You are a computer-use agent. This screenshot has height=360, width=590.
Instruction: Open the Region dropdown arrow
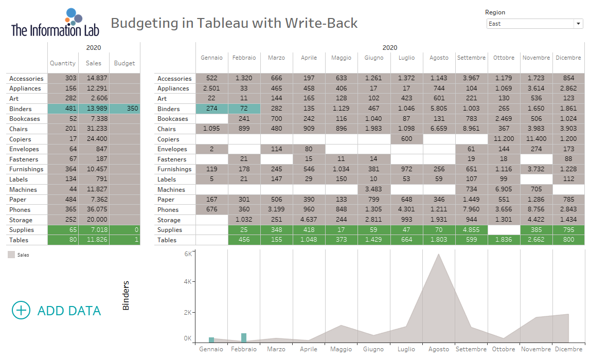tap(578, 24)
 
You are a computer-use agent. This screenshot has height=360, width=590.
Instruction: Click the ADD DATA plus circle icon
tap(21, 310)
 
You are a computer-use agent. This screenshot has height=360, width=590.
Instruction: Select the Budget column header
tap(124, 63)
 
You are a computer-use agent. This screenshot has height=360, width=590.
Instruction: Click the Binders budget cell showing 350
tap(124, 109)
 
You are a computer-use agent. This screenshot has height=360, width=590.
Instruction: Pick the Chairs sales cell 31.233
tap(94, 129)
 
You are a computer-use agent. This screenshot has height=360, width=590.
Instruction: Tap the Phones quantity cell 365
tap(63, 209)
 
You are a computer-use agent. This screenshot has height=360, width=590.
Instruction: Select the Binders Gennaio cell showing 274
tap(211, 109)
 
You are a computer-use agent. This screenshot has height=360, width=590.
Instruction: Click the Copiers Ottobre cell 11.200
tap(504, 139)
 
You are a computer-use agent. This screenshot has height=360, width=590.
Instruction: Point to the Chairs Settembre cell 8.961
tap(471, 129)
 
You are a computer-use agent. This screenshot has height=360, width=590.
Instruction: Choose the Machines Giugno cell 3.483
tap(374, 189)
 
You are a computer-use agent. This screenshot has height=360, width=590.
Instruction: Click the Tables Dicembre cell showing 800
tap(568, 240)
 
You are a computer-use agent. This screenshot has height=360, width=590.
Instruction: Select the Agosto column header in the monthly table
tap(439, 58)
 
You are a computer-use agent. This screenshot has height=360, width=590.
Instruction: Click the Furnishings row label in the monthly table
tap(174, 169)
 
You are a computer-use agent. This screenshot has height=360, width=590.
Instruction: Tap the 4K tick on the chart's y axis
tap(188, 282)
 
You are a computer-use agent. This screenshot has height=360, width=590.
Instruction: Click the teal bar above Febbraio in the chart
tap(244, 337)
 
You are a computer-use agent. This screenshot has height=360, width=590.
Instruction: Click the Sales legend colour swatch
tap(11, 254)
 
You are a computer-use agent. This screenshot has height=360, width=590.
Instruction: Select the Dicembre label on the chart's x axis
tap(568, 349)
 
